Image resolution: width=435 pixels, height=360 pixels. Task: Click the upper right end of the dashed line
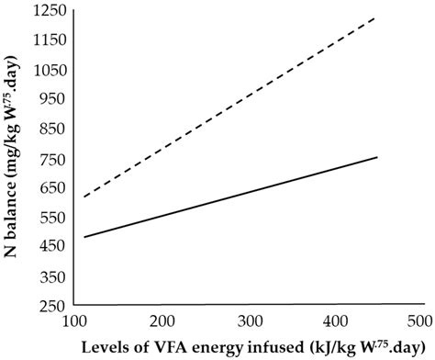(x=377, y=17)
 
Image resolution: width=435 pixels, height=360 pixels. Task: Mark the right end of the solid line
(x=377, y=157)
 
